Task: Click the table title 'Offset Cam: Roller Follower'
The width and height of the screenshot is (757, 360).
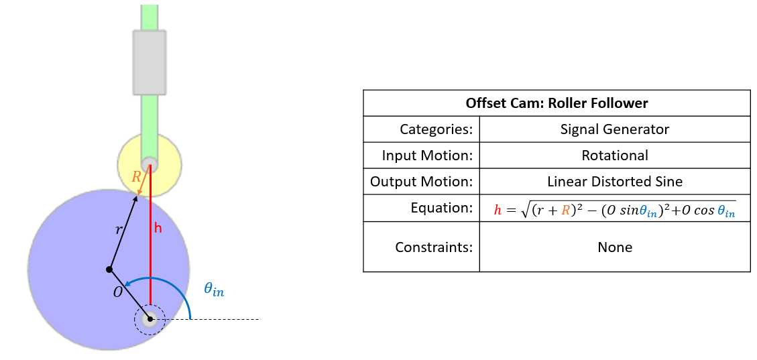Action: [x=557, y=104]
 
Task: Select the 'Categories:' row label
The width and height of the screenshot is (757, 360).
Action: [x=436, y=129]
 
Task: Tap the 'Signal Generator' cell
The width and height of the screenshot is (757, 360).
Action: [x=614, y=129]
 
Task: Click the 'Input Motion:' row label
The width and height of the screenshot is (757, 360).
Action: [x=427, y=156]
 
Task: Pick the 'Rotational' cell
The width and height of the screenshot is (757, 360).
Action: [x=614, y=156]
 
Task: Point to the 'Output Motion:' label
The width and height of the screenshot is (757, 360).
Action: [x=422, y=182]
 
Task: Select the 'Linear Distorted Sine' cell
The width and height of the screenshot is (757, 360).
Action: [x=614, y=182]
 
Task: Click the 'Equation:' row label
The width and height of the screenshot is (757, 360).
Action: [x=442, y=208]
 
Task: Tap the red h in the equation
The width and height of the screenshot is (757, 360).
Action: [x=498, y=210]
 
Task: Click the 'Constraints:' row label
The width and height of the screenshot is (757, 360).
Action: [x=434, y=247]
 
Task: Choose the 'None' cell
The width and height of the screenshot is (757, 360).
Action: [x=614, y=247]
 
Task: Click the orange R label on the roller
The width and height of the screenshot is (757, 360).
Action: [x=136, y=178]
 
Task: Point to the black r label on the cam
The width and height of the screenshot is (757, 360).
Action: [x=119, y=230]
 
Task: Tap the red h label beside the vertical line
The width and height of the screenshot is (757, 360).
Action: [x=158, y=228]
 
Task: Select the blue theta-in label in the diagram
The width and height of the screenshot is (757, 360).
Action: [x=214, y=290]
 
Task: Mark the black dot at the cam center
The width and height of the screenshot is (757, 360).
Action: [x=109, y=269]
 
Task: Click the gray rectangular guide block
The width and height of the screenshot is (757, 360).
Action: [x=149, y=62]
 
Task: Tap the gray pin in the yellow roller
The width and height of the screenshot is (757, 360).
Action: [x=149, y=163]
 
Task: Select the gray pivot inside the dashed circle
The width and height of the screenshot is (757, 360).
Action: [x=150, y=320]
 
